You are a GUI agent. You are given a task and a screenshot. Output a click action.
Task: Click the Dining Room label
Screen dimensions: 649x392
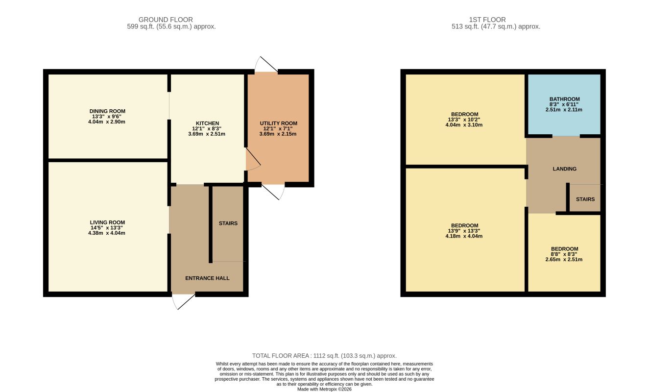click(x=107, y=111)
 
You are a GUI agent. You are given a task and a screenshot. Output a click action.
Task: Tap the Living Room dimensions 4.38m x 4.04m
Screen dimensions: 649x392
click(x=107, y=233)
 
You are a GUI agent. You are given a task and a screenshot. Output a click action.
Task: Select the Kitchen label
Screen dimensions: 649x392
click(x=208, y=123)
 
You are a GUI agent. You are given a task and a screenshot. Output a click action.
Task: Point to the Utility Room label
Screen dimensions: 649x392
click(x=278, y=123)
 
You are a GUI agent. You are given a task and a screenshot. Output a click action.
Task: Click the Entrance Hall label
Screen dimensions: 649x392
click(x=208, y=278)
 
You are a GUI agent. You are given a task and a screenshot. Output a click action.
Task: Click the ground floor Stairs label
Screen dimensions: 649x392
click(x=228, y=223)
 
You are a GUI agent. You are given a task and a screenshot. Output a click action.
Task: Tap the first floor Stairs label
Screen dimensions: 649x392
click(x=585, y=199)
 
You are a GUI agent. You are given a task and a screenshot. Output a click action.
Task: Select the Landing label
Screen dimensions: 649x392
click(x=564, y=169)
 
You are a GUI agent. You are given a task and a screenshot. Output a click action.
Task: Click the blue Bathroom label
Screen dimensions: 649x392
click(x=564, y=99)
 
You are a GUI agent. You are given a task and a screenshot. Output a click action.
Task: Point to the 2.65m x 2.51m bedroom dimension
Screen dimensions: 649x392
click(x=564, y=260)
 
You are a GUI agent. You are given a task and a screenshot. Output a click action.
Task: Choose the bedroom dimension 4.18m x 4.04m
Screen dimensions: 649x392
click(x=464, y=236)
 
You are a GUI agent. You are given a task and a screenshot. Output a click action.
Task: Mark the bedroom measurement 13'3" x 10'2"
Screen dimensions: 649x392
click(x=464, y=120)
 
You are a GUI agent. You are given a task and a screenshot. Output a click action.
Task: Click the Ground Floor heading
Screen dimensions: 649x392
click(x=166, y=20)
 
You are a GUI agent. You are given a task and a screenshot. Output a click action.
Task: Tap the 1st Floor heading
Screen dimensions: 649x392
click(x=487, y=20)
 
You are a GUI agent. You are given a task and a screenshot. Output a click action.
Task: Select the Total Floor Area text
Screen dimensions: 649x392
click(x=324, y=356)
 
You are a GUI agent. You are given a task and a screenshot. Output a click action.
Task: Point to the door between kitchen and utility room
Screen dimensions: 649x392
click(x=253, y=159)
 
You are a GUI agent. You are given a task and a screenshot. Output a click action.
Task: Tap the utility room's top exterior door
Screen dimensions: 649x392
click(x=266, y=64)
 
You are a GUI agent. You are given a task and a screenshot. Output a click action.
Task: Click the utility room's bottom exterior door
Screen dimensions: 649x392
click(x=273, y=192)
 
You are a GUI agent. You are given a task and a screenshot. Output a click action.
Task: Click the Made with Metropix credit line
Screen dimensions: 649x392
click(x=324, y=390)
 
